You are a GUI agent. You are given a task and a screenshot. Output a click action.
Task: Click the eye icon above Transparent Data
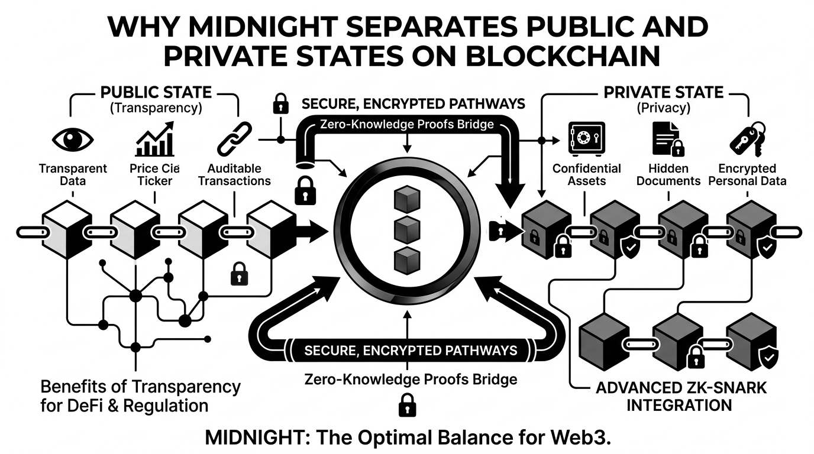[x=72, y=141]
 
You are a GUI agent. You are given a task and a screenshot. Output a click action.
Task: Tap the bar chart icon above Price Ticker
[x=154, y=140]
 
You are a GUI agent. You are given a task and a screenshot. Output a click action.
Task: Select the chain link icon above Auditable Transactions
[x=234, y=140]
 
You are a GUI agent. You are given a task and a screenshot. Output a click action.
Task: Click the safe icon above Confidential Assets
[x=586, y=138]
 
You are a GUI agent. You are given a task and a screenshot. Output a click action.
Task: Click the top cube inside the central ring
[x=405, y=197]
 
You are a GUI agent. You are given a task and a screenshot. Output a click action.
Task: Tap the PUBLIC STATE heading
[x=156, y=93]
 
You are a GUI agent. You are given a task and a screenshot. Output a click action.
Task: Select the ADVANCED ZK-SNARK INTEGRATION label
[x=680, y=397]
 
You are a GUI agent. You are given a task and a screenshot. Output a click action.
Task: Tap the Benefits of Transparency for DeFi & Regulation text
[x=140, y=397]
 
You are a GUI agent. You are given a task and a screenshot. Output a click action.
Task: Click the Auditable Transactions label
[x=234, y=174]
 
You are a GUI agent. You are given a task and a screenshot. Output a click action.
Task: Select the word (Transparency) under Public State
[x=156, y=108]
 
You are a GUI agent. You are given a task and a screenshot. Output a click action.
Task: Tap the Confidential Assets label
[x=586, y=174]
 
